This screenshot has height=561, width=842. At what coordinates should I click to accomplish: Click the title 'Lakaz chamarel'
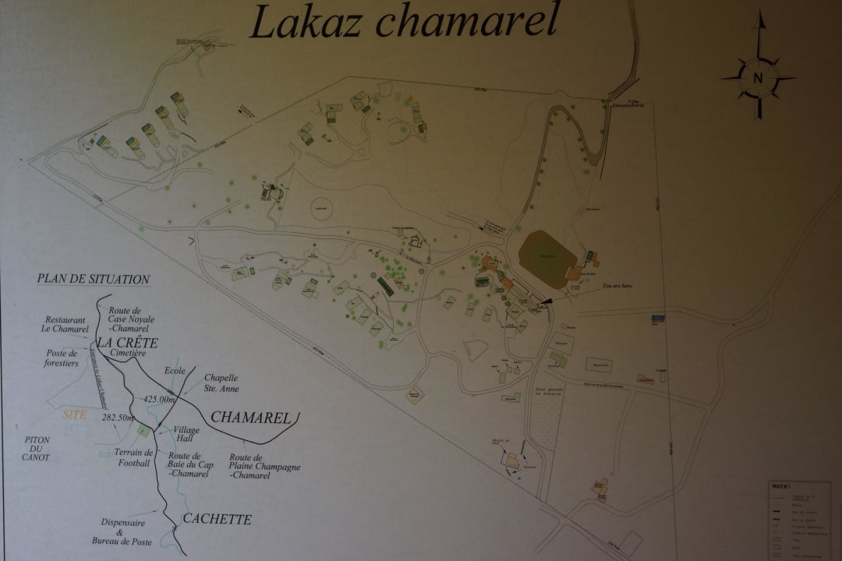[403, 22]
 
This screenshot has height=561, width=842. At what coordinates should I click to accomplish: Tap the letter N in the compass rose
[758, 78]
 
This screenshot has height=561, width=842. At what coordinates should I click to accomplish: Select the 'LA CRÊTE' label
[127, 343]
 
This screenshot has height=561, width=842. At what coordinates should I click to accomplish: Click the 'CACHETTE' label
[217, 519]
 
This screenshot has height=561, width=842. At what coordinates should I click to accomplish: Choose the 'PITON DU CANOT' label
[37, 449]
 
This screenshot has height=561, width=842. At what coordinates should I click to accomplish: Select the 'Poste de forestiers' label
[62, 358]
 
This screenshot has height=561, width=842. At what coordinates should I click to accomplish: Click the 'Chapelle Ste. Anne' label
[221, 383]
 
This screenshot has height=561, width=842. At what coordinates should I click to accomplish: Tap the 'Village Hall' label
[186, 434]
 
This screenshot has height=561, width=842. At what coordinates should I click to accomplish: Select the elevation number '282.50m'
[119, 418]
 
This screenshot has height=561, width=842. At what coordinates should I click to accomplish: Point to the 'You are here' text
[617, 286]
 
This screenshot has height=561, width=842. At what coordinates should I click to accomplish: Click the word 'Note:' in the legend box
[782, 485]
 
